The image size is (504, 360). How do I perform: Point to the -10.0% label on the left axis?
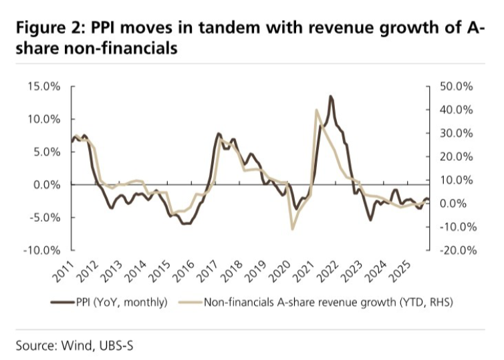[41, 250]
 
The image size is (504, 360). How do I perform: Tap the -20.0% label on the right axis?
[456, 250]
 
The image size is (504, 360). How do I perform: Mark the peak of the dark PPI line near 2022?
[330, 96]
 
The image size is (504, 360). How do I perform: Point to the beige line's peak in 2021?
[316, 110]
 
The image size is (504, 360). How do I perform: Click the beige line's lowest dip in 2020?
[292, 229]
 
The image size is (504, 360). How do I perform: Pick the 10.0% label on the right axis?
[457, 180]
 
